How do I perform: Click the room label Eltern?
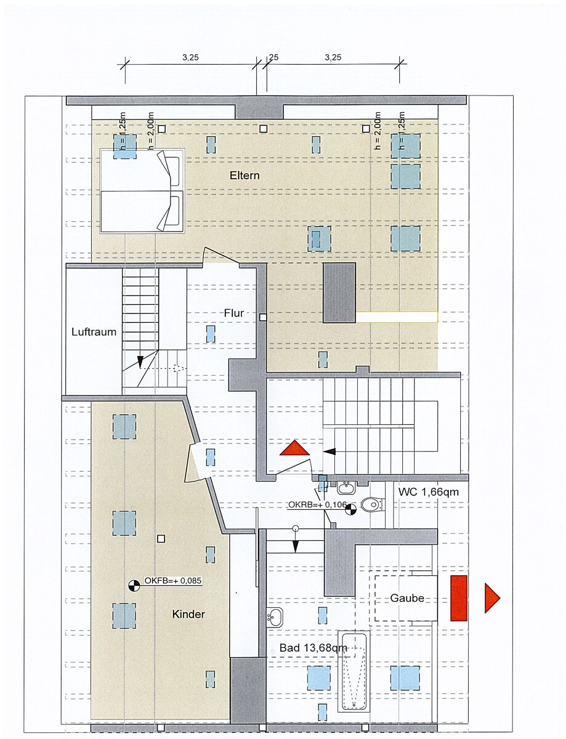click(x=245, y=176)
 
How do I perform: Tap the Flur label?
click(x=234, y=313)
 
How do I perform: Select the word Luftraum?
click(x=94, y=331)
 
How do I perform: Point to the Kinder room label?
click(x=188, y=614)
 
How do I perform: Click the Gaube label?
click(x=407, y=598)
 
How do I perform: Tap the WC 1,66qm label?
click(x=428, y=492)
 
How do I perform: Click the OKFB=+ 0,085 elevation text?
click(x=172, y=581)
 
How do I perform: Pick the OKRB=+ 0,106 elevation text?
click(x=317, y=505)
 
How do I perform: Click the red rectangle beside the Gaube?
click(x=459, y=598)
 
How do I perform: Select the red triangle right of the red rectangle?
click(x=491, y=598)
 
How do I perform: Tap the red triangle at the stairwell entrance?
click(x=295, y=448)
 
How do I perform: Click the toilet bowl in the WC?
click(x=372, y=505)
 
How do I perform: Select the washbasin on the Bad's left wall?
click(x=275, y=617)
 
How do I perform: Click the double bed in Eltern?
click(x=142, y=190)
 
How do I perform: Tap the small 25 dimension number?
click(x=273, y=57)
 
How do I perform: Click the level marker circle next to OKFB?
click(x=134, y=585)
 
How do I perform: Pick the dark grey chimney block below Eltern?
click(x=339, y=293)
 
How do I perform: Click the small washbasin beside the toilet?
click(x=346, y=488)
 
